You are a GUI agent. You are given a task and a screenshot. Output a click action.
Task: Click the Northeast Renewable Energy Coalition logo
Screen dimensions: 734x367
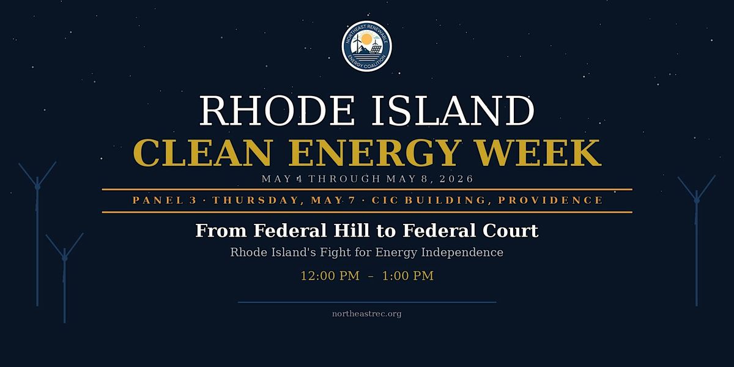[x=366, y=46]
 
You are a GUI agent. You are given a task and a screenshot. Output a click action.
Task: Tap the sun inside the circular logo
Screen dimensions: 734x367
[x=366, y=39]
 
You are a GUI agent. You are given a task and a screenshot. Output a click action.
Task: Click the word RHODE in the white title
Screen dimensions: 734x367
[x=276, y=111]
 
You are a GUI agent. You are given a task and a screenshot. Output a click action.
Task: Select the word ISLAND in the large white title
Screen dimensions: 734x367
[x=453, y=111]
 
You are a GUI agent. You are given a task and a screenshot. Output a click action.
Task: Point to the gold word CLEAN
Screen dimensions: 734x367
[x=203, y=153]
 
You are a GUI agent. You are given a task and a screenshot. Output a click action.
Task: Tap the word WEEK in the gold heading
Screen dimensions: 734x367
[x=538, y=153]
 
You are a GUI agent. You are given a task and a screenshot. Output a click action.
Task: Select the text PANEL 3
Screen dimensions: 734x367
[x=165, y=200]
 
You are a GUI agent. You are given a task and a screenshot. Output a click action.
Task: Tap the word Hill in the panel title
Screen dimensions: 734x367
[x=351, y=231]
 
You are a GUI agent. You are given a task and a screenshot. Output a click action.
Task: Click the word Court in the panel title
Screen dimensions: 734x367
[x=510, y=231]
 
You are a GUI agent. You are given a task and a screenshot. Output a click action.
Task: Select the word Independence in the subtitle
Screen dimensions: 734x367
[x=462, y=252]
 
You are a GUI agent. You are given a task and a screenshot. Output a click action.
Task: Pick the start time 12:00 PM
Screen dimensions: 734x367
[x=330, y=276]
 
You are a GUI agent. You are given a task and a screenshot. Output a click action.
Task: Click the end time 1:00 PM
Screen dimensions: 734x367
[x=408, y=276]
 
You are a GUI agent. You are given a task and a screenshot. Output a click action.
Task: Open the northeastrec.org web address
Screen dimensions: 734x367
[x=366, y=314]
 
